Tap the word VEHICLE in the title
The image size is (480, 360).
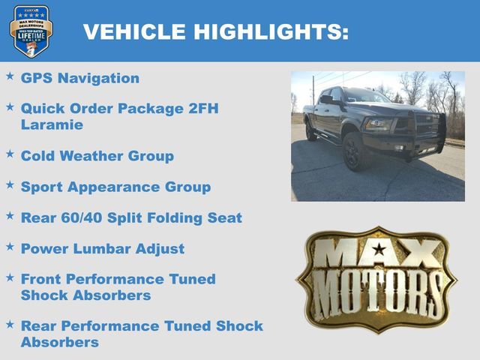click(x=134, y=31)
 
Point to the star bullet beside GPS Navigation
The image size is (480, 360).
click(x=10, y=76)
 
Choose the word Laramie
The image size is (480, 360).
click(x=52, y=124)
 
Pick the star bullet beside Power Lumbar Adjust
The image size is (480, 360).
click(x=10, y=246)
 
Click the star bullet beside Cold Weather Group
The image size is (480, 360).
click(x=10, y=154)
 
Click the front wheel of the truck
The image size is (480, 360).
click(x=354, y=152)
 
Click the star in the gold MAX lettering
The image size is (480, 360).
click(x=379, y=250)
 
